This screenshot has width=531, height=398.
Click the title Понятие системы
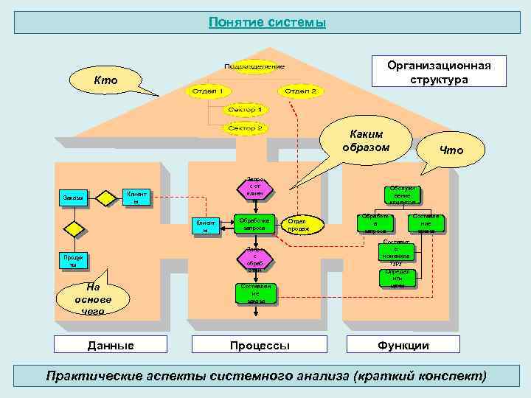click(x=266, y=22)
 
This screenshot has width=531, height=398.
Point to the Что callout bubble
click(x=451, y=150)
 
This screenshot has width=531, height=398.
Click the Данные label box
click(x=111, y=345)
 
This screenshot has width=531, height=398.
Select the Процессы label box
click(x=259, y=345)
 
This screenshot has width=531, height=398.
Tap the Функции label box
click(x=403, y=345)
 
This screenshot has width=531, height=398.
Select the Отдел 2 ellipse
click(x=299, y=91)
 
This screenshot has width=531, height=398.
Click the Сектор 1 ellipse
click(x=248, y=110)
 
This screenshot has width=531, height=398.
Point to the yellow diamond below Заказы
click(x=73, y=228)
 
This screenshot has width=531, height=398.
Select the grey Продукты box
click(x=73, y=261)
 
